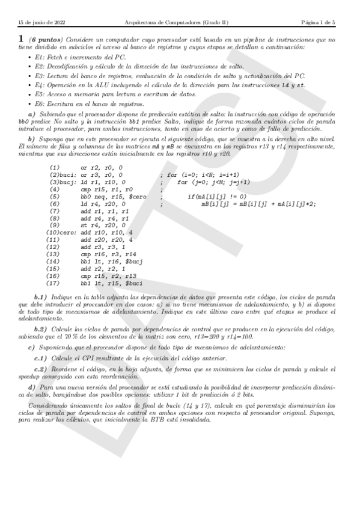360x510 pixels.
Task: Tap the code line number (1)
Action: tap(55, 167)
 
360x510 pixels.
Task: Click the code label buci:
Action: tap(70, 174)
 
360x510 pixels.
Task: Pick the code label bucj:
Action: tap(70, 181)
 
